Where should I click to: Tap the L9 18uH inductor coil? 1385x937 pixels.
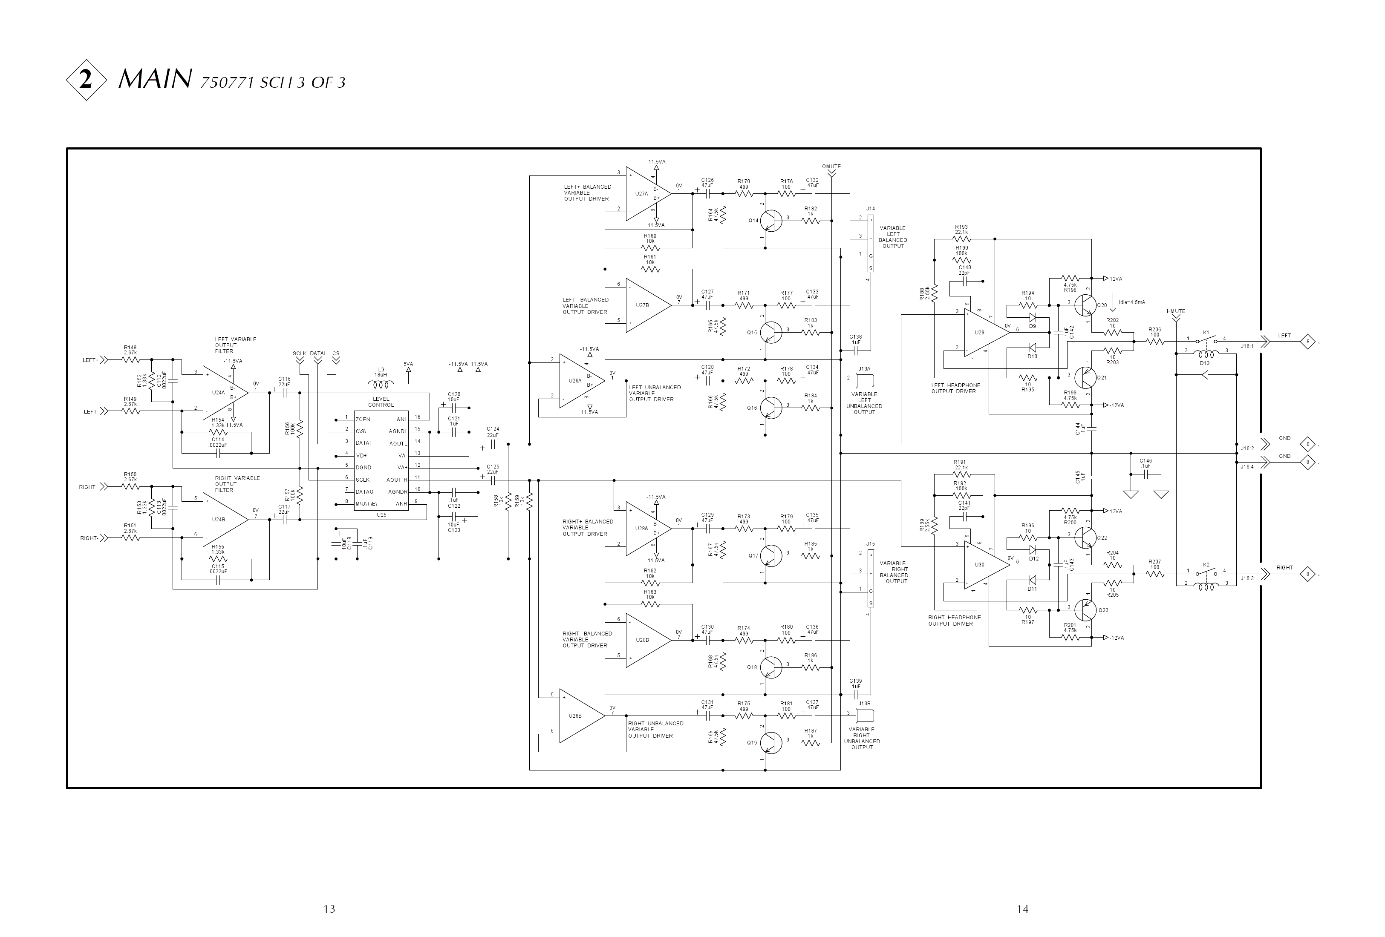381,384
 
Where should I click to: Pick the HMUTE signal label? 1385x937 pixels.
1176,311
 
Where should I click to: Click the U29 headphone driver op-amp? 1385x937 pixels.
983,332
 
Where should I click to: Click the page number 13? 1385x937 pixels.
329,909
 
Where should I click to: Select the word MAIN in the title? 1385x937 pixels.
155,79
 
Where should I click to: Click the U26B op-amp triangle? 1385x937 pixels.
578,716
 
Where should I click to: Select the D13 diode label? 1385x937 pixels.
1204,363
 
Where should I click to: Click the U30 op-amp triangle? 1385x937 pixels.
983,564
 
